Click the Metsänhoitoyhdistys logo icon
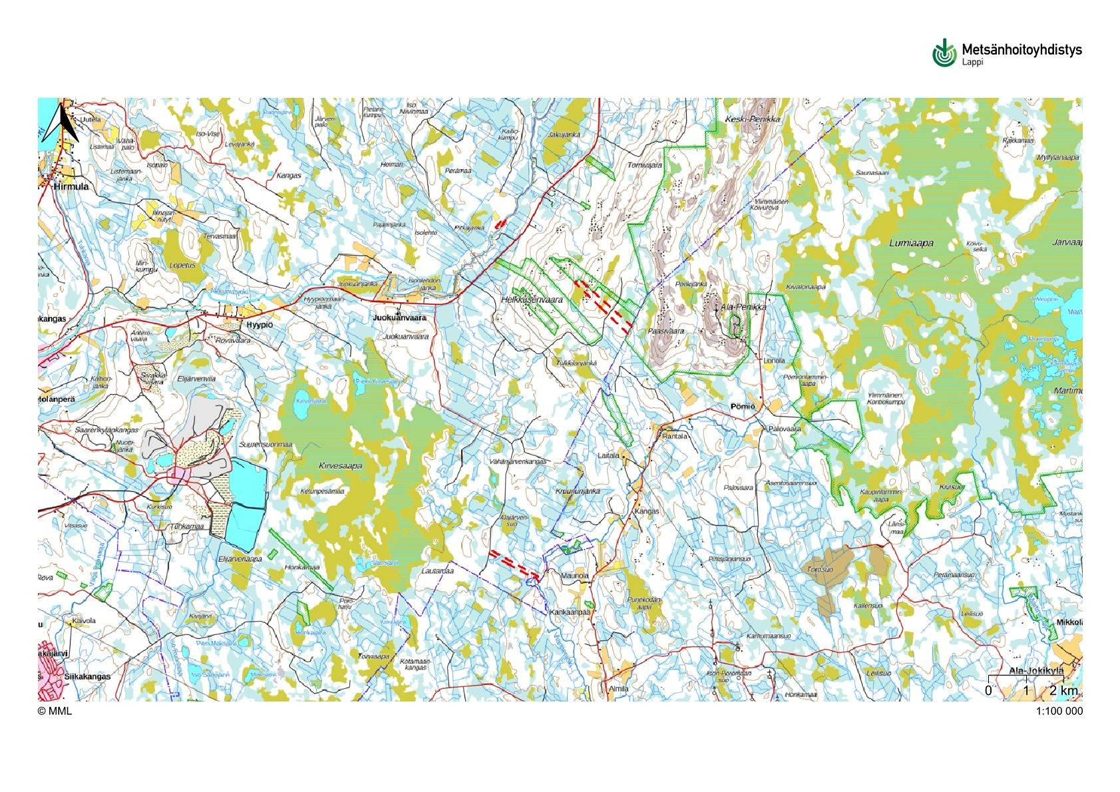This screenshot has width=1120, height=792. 943,53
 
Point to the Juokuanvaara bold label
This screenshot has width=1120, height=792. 400,318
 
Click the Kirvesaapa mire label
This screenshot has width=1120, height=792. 340,466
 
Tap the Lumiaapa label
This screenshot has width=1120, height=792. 911,244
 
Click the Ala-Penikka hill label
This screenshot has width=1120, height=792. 744,308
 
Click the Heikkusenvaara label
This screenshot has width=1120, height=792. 531,300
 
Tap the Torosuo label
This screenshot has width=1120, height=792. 820,570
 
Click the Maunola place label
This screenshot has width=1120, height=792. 575,575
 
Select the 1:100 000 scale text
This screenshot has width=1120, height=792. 1059,711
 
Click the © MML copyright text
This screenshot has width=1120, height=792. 55,711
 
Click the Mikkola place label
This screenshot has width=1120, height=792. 1069,622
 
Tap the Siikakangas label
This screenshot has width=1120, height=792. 88,676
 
